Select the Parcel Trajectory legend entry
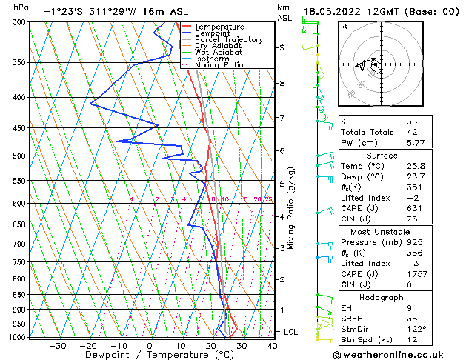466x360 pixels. (x=228, y=39)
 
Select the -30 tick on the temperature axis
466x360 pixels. (x=57, y=346)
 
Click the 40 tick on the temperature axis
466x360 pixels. (x=272, y=346)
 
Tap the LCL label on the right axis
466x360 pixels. (x=290, y=332)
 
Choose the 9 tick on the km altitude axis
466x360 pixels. (x=282, y=47)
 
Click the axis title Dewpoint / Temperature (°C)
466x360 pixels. (x=150, y=356)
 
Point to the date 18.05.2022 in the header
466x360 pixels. (x=330, y=11)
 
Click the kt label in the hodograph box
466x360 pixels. (x=344, y=26)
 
